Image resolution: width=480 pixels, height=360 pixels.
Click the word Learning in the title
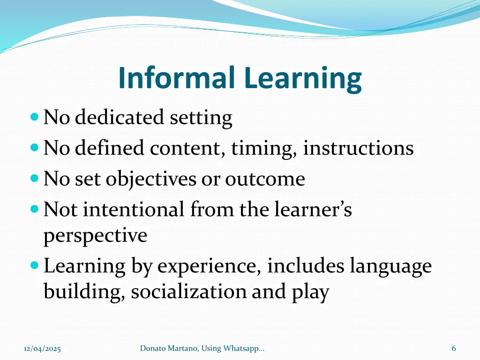coord(302,79)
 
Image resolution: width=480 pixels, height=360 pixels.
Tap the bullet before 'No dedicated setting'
coord(34,117)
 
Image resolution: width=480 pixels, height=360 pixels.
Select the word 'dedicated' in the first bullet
coord(120,118)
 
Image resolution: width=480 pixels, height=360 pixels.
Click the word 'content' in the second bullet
coord(188,149)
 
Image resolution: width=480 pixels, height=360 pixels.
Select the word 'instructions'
coord(358,149)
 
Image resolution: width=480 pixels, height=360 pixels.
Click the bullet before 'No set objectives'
coord(34,179)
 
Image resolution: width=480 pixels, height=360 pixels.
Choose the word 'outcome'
coord(265,179)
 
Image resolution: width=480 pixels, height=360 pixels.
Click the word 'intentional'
coord(134,210)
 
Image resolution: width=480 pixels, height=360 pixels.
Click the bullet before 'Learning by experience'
coord(34,266)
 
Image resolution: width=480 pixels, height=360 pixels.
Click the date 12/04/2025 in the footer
coord(42,348)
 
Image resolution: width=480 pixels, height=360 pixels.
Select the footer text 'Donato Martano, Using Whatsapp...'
coord(202,348)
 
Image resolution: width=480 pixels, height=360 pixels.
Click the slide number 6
coord(453,348)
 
